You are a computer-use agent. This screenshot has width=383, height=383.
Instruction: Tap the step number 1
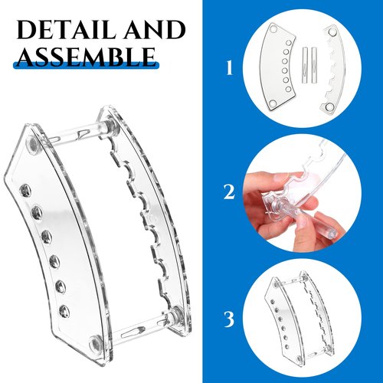click(x=230, y=68)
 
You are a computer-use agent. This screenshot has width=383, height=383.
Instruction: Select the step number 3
click(x=229, y=319)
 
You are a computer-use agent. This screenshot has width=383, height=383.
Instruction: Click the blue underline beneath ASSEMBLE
click(x=86, y=66)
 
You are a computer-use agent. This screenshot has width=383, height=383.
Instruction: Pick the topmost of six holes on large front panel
click(x=25, y=191)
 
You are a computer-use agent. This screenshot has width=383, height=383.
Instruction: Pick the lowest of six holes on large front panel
click(x=64, y=311)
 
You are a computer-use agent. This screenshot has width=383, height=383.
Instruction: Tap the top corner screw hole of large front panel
click(x=33, y=145)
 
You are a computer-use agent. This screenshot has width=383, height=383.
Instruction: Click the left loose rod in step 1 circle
click(x=305, y=65)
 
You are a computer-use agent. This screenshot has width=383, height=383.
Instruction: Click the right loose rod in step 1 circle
click(x=314, y=65)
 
